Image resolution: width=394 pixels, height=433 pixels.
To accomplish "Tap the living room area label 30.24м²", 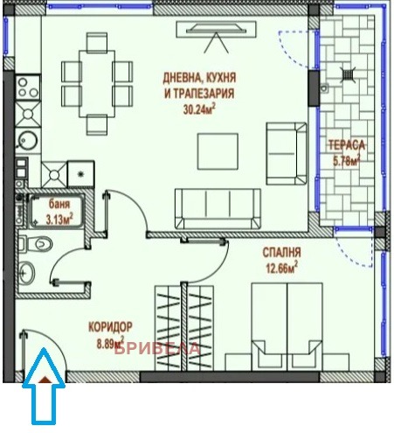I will pyautogui.click(x=199, y=109).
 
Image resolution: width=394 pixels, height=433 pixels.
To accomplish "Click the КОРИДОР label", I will pyautogui.click(x=108, y=328).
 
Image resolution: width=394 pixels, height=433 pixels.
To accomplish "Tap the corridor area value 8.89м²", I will pyautogui.click(x=108, y=342).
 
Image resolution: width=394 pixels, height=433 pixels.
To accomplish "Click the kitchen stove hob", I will pyautogui.click(x=26, y=90).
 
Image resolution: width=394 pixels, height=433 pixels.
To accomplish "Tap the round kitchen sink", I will pyautogui.click(x=27, y=141).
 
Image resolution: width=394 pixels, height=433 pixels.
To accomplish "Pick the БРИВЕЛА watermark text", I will pyautogui.click(x=164, y=349).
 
